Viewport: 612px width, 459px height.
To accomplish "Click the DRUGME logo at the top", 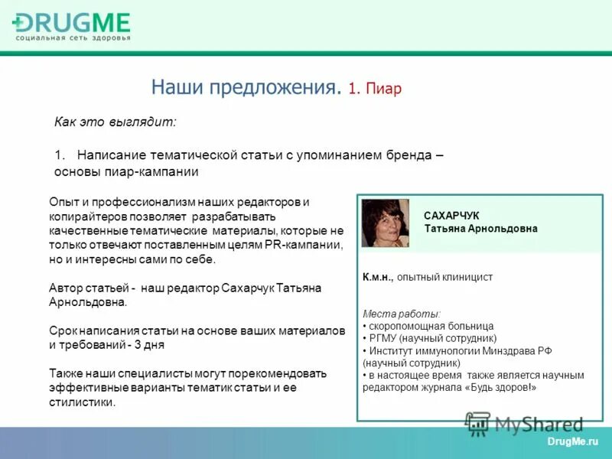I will [73, 23].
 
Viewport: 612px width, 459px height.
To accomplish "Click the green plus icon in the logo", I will [19, 23].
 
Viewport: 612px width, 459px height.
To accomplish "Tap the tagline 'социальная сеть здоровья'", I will [73, 37].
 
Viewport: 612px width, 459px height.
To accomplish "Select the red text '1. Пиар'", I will [375, 89].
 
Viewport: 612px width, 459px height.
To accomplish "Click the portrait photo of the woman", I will [385, 223].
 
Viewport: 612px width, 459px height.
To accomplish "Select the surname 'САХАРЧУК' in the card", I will [452, 216].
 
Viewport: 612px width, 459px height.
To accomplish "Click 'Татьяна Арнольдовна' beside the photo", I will [480, 229].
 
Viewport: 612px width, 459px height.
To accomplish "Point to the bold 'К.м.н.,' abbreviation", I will [378, 278].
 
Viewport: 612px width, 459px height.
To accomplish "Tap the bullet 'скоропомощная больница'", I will [431, 326].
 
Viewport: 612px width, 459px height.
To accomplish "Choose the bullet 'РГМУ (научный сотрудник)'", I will [431, 338].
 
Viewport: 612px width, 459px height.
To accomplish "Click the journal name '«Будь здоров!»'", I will [500, 387].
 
